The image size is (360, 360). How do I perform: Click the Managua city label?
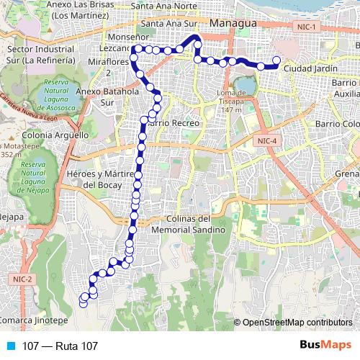(x=233, y=24)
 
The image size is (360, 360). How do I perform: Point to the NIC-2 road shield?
(x=22, y=279)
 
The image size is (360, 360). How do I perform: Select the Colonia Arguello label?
(x=45, y=135)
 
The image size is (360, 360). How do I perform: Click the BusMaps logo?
(x=325, y=346)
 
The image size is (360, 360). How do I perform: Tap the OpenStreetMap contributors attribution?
(x=297, y=322)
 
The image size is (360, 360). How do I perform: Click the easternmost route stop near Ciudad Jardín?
(x=276, y=60)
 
